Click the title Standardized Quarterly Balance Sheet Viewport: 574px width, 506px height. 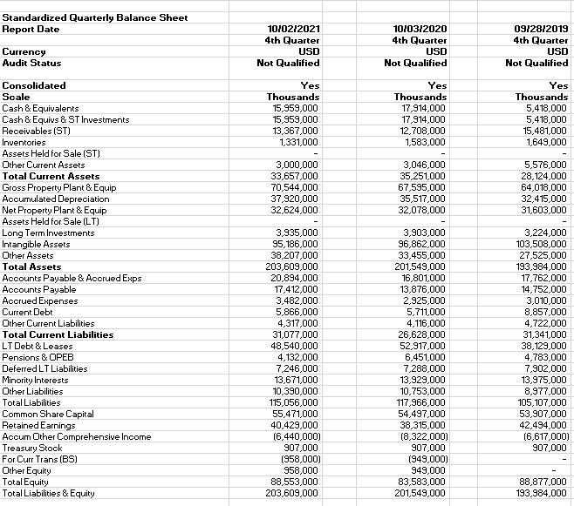[83, 17]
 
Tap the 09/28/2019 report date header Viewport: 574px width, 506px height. [539, 29]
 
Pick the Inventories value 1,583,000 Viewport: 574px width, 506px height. [424, 142]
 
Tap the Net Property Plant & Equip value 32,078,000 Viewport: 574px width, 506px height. [420, 210]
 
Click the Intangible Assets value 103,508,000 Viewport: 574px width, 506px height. [540, 244]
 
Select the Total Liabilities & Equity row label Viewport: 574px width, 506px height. [49, 493]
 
